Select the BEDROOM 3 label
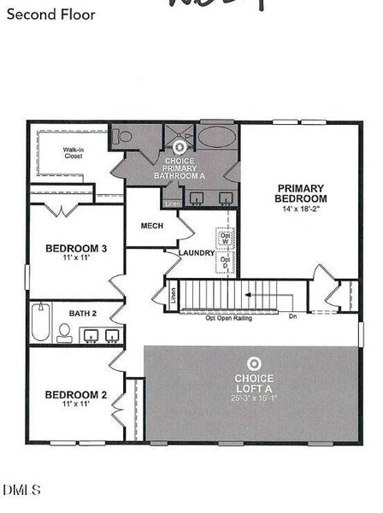click(x=76, y=249)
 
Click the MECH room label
click(x=151, y=226)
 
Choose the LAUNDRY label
click(x=196, y=253)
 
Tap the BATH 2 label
click(x=83, y=314)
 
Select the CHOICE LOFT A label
click(x=254, y=383)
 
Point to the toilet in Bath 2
click(x=64, y=333)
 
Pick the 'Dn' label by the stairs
click(x=292, y=316)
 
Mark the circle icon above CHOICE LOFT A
click(x=254, y=362)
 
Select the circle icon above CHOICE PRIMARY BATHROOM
click(x=180, y=148)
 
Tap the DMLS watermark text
click(x=23, y=490)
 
